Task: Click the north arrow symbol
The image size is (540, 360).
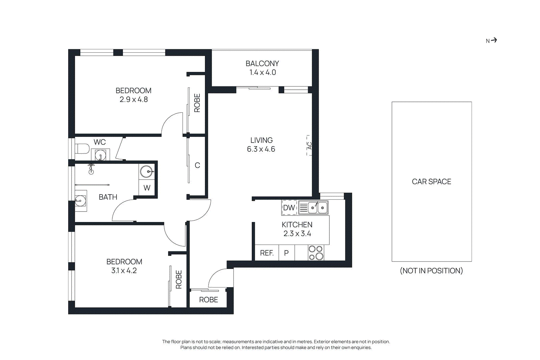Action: click(x=493, y=40)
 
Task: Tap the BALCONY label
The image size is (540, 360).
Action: click(x=262, y=63)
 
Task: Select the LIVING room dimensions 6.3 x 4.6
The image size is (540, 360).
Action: click(x=261, y=149)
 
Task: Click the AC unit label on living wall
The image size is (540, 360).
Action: click(x=309, y=145)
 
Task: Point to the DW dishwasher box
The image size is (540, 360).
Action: click(x=289, y=207)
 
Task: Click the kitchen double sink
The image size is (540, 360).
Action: click(x=317, y=207)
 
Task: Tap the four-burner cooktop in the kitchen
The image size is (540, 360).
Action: click(x=316, y=253)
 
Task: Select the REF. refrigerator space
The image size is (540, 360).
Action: click(x=267, y=253)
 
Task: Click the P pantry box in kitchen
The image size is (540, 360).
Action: click(x=287, y=253)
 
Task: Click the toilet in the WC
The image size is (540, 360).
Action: click(x=82, y=148)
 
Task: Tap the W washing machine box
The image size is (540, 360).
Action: click(x=147, y=188)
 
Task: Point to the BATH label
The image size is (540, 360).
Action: click(x=108, y=197)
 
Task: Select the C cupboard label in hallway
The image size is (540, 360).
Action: click(x=197, y=165)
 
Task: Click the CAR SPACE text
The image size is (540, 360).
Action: click(x=431, y=182)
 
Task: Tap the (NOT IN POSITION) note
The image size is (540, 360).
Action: click(x=431, y=271)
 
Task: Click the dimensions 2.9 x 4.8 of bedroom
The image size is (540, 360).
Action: click(x=134, y=100)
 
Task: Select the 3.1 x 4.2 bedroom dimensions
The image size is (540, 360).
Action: click(x=124, y=271)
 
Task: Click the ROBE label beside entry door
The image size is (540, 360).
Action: click(x=208, y=300)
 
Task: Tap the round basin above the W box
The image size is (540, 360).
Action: click(x=147, y=171)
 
